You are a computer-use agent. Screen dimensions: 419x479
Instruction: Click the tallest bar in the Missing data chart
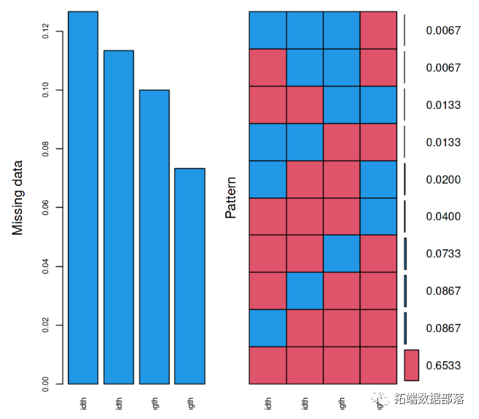[83, 197]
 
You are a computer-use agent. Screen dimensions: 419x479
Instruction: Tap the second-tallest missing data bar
[118, 216]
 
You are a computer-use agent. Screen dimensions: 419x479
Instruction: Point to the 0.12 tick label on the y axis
[46, 31]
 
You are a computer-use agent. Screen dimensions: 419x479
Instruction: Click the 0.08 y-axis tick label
[46, 148]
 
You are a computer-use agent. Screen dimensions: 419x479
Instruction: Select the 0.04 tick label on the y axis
[46, 266]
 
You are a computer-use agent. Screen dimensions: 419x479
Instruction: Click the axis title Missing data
[18, 197]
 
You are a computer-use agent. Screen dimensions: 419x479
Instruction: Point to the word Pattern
[231, 197]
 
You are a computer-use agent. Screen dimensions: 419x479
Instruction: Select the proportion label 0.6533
[443, 365]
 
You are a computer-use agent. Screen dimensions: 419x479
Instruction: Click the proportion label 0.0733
[443, 254]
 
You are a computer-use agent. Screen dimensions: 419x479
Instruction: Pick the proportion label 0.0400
[443, 216]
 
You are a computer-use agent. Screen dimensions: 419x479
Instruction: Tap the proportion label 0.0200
[443, 179]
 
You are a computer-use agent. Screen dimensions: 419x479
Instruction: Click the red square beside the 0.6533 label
[411, 365]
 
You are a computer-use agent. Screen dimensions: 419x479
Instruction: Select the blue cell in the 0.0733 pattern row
[342, 254]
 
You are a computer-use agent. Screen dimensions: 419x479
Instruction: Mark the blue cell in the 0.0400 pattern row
[379, 216]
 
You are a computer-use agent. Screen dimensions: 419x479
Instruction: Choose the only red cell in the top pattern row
[379, 30]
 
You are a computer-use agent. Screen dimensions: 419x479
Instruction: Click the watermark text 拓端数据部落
[430, 399]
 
